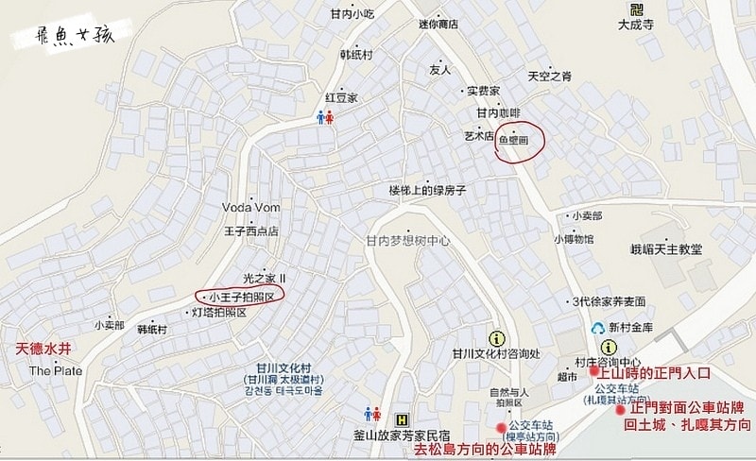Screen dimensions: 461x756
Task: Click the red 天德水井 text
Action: (x=44, y=349)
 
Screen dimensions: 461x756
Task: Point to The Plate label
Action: (x=56, y=370)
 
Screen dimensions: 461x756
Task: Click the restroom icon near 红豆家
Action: (x=324, y=119)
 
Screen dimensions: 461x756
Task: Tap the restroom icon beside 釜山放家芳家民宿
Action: (x=372, y=415)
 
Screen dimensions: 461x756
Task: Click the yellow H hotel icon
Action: (x=404, y=418)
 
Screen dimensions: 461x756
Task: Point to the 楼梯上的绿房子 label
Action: (x=428, y=190)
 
